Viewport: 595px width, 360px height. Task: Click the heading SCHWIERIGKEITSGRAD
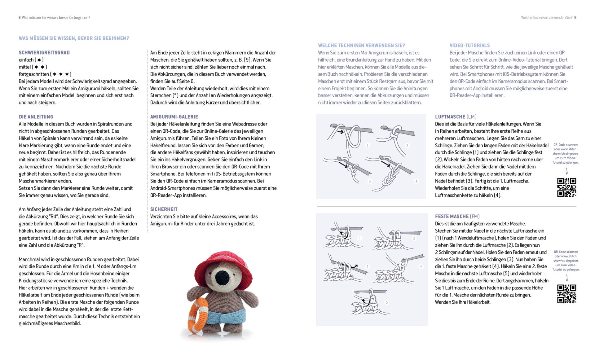click(x=44, y=53)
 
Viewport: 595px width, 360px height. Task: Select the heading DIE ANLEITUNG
click(x=36, y=117)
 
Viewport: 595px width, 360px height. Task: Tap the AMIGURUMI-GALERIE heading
click(x=174, y=117)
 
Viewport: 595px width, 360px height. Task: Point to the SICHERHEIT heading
click(x=164, y=209)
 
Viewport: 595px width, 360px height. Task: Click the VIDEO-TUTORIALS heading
click(x=470, y=46)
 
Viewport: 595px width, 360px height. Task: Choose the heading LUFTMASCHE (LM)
click(x=456, y=117)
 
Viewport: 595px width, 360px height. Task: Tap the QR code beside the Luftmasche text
click(x=566, y=187)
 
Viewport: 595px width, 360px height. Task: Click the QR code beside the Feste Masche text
click(x=566, y=294)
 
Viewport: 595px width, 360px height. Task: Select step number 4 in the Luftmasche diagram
click(x=416, y=181)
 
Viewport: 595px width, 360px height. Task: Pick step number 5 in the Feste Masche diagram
click(x=387, y=302)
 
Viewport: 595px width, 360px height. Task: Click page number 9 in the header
click(x=575, y=18)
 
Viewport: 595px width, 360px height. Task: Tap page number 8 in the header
click(x=20, y=18)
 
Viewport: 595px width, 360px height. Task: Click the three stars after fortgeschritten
click(x=61, y=74)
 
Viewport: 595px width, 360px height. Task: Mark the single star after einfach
click(x=39, y=60)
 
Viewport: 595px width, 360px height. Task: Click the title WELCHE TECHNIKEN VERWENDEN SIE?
click(x=362, y=46)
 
